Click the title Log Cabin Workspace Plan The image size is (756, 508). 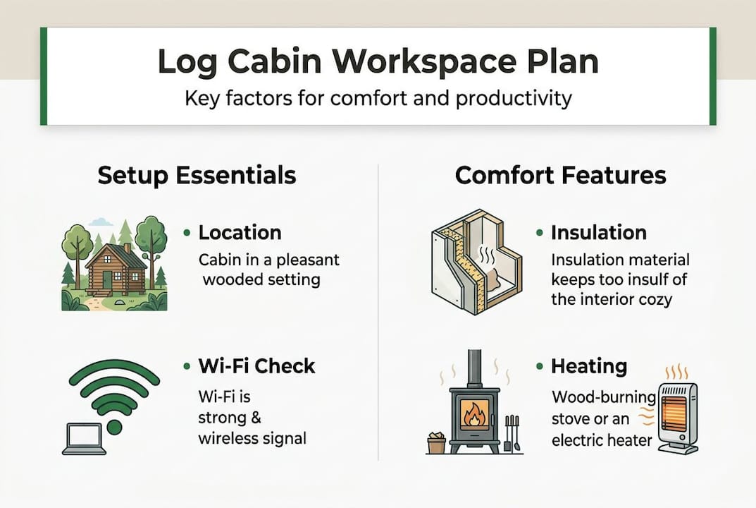pos(378,62)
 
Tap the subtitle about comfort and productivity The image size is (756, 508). pos(378,97)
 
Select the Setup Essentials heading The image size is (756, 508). pos(197,175)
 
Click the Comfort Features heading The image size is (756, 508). pos(560,175)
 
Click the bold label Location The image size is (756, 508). pos(240,232)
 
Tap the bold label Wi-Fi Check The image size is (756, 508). pos(256,366)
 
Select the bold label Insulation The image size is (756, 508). pos(598,232)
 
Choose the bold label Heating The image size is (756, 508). pos(588,366)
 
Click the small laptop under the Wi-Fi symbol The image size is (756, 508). pos(84,439)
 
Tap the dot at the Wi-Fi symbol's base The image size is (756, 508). pos(114,428)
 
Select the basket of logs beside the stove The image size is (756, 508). pos(436,442)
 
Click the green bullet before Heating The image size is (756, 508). pos(539,367)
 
